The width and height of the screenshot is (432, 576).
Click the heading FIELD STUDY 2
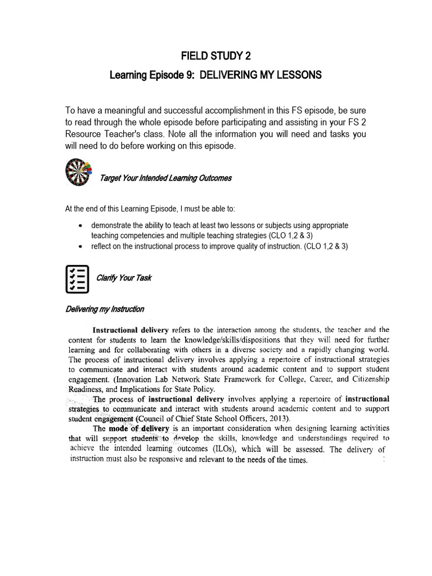click(216, 56)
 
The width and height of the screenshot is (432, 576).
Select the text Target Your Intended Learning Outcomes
click(165, 178)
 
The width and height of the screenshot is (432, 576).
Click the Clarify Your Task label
click(124, 278)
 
